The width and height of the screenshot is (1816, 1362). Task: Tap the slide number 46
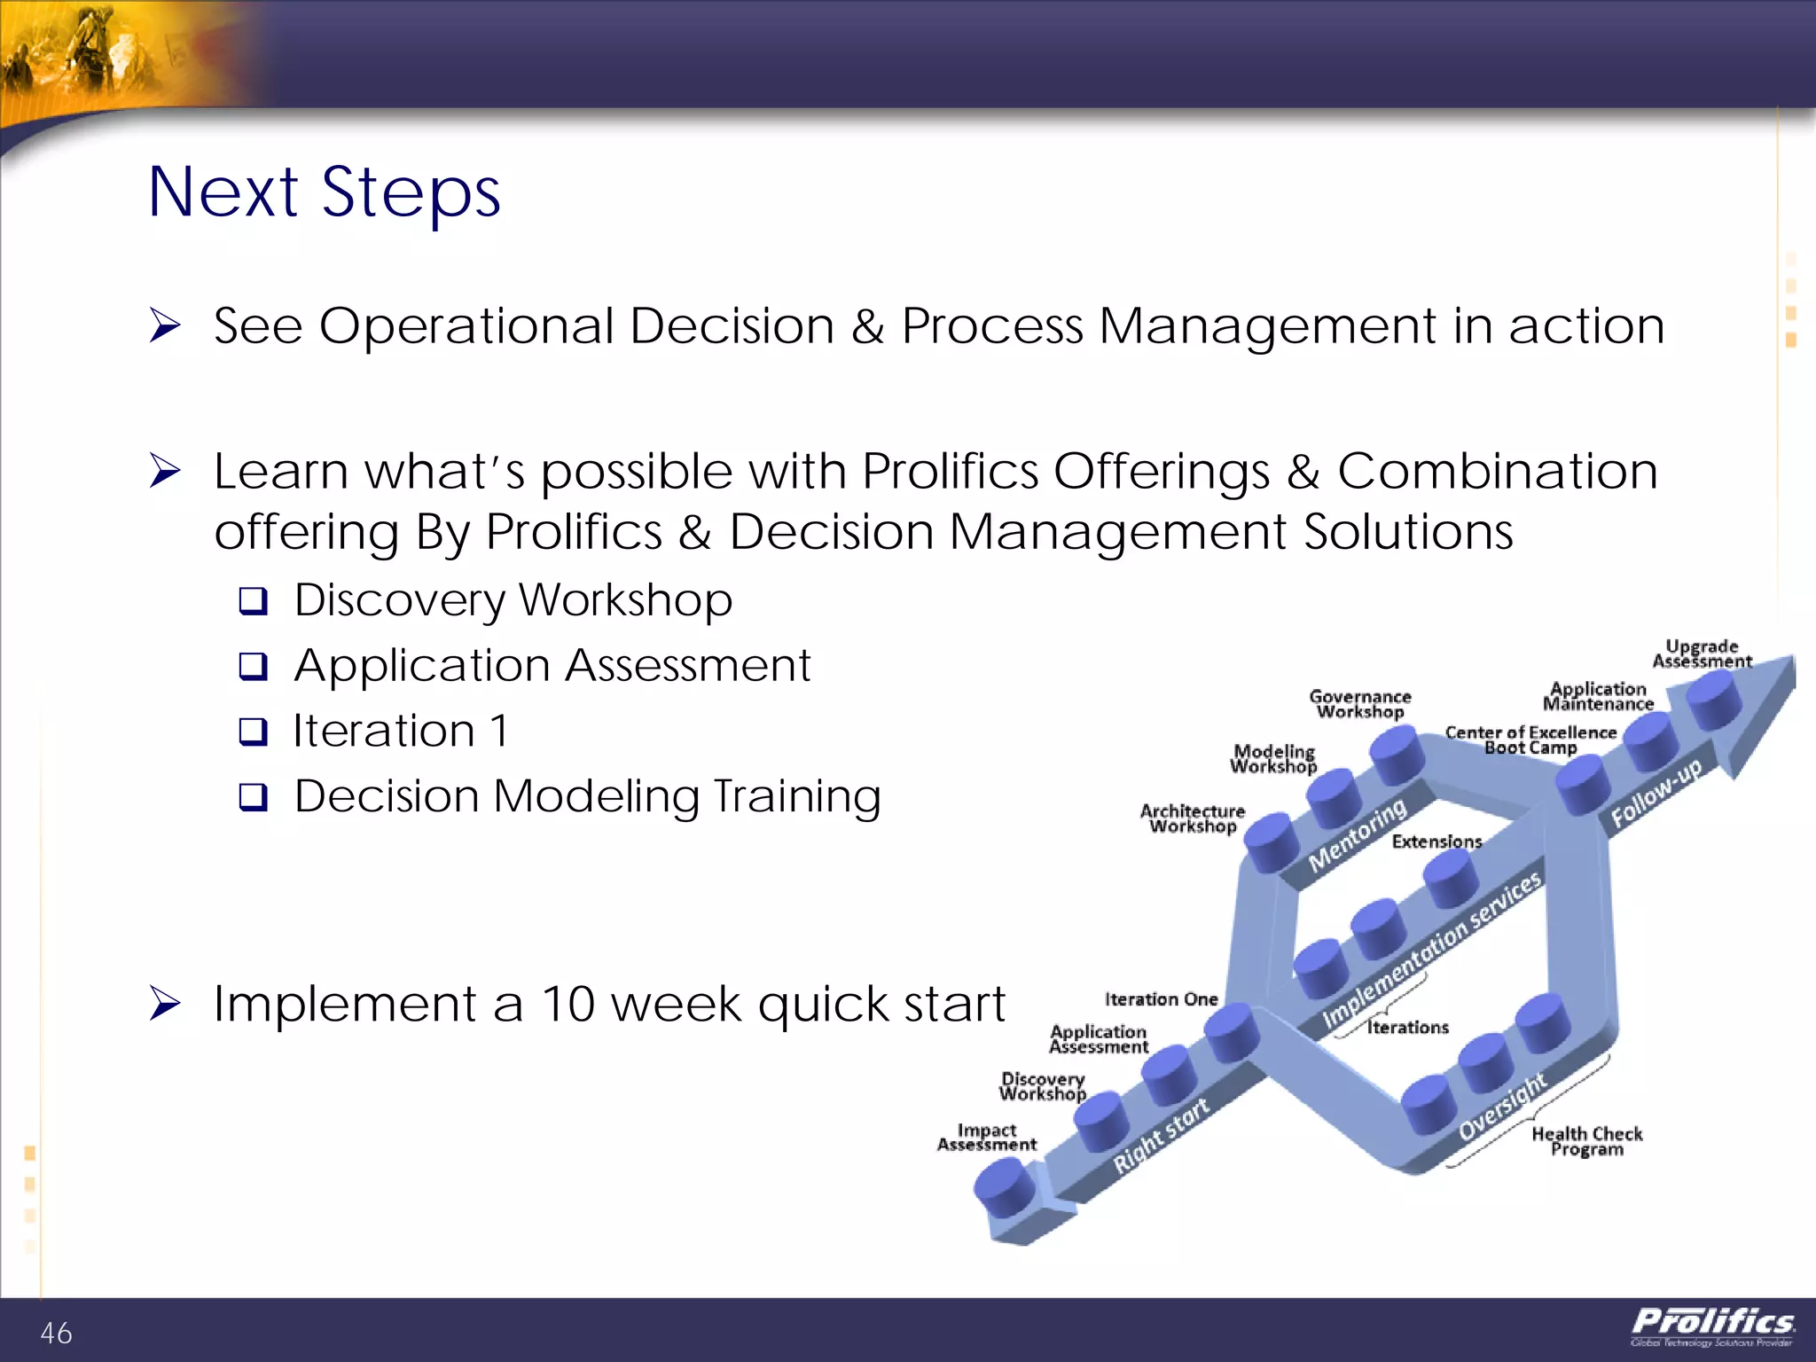[x=56, y=1333]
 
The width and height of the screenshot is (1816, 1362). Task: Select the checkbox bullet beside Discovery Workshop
[x=253, y=601]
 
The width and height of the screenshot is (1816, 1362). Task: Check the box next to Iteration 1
[x=253, y=732]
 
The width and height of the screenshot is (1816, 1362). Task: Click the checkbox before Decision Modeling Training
[x=253, y=797]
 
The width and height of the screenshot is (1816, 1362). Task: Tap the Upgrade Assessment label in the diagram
[x=1701, y=654]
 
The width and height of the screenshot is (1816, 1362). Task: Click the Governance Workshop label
[x=1359, y=704]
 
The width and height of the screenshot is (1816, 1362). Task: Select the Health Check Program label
[x=1586, y=1140]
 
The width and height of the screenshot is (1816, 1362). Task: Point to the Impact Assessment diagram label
[x=986, y=1137]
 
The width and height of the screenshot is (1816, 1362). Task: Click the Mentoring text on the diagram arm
[x=1358, y=834]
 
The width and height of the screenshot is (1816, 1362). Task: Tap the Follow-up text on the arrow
[x=1656, y=792]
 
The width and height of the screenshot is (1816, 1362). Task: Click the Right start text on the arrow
[x=1161, y=1135]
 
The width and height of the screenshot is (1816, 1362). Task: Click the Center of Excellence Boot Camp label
[x=1530, y=740]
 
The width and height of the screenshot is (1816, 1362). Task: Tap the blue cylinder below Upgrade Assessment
[x=1714, y=699]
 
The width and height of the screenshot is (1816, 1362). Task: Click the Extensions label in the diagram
[x=1436, y=841]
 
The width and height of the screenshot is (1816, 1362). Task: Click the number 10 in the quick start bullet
[x=567, y=1004]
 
